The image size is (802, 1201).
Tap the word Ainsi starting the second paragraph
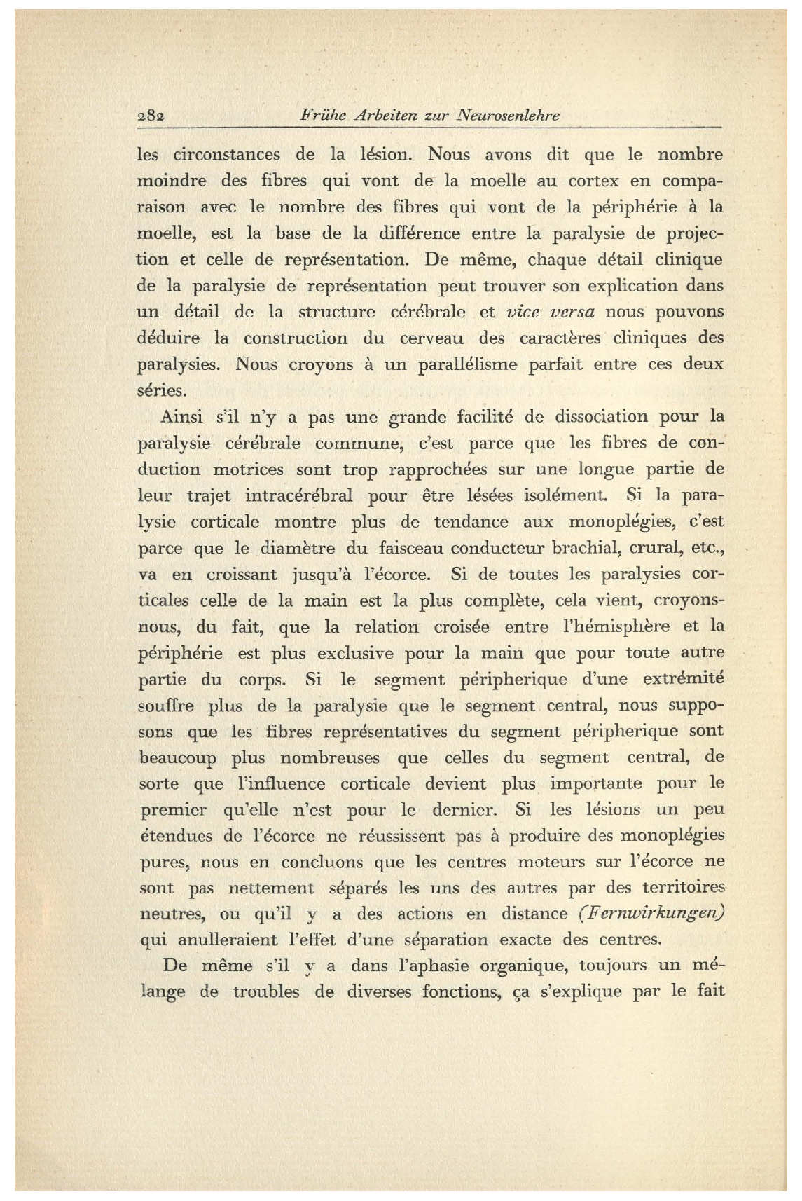point(181,418)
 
